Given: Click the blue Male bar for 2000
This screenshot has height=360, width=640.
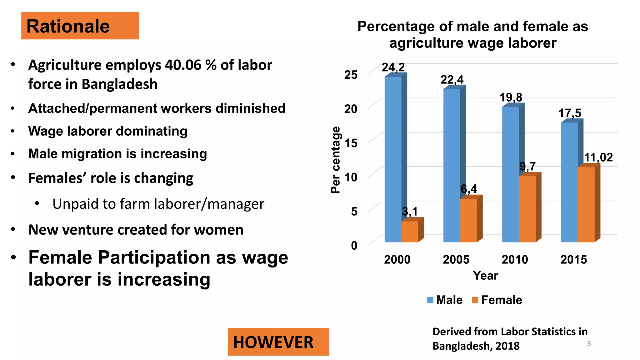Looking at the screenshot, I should coord(393,159).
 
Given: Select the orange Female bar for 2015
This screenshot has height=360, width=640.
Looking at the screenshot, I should coord(586,205).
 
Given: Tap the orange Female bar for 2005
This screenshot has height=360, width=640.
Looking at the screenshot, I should coord(468,220).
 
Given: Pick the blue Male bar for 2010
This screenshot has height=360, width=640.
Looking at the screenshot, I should coord(510,175).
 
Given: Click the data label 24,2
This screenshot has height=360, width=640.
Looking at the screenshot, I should coord(393,67).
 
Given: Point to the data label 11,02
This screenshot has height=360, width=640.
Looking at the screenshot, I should coord(598,157).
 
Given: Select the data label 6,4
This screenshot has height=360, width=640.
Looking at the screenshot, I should coord(469,189).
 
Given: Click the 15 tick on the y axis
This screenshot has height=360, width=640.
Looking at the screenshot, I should coord(351,143).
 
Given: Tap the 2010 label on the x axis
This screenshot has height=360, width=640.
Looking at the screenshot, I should coord(515,259).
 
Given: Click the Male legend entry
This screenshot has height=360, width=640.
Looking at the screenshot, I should coord(445,300).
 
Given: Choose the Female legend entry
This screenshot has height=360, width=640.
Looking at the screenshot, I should coord(497,300).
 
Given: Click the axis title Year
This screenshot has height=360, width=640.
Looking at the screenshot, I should coord(485,276).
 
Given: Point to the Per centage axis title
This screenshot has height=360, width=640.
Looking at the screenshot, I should coord(335,160).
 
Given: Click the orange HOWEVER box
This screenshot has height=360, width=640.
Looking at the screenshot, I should coord(278,342).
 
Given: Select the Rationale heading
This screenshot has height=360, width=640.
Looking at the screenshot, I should coord(68,26).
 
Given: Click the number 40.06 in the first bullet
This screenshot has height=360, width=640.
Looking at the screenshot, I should coord(183,65).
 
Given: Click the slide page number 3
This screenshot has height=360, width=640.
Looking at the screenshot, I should coord(589,344).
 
